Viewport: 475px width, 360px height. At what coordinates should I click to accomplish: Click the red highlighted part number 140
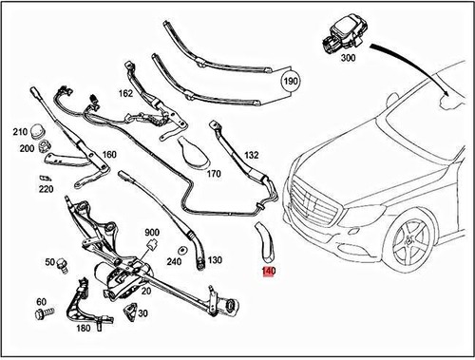269,272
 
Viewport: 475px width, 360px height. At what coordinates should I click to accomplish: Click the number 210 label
20,131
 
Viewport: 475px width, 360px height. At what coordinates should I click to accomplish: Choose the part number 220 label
46,188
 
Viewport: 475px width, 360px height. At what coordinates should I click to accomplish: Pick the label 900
151,234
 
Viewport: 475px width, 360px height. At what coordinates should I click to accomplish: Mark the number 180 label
83,329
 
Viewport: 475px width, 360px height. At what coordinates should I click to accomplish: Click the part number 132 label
251,153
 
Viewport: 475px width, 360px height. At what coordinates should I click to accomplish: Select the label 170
213,174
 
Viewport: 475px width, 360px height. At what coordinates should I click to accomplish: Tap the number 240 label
174,261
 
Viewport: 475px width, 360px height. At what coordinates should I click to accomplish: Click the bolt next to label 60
44,313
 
